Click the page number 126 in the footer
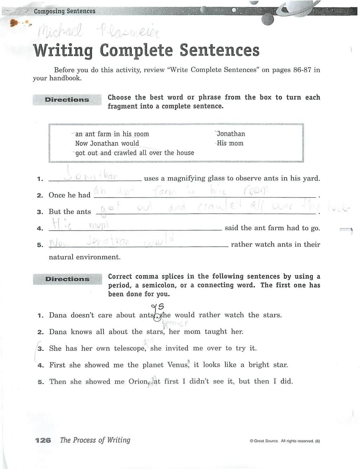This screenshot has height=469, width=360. coord(43,441)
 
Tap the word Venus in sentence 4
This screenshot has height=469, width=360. coord(176,365)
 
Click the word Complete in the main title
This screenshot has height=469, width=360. coord(136,51)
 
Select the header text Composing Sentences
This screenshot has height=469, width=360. coord(64,11)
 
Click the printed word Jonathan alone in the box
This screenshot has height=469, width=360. coord(231,134)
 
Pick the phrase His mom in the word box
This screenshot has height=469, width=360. coord(230,143)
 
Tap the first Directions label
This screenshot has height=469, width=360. coord(67,100)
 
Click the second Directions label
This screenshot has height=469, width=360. coord(67,279)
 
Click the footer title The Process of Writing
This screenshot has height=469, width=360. coord(95,440)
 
